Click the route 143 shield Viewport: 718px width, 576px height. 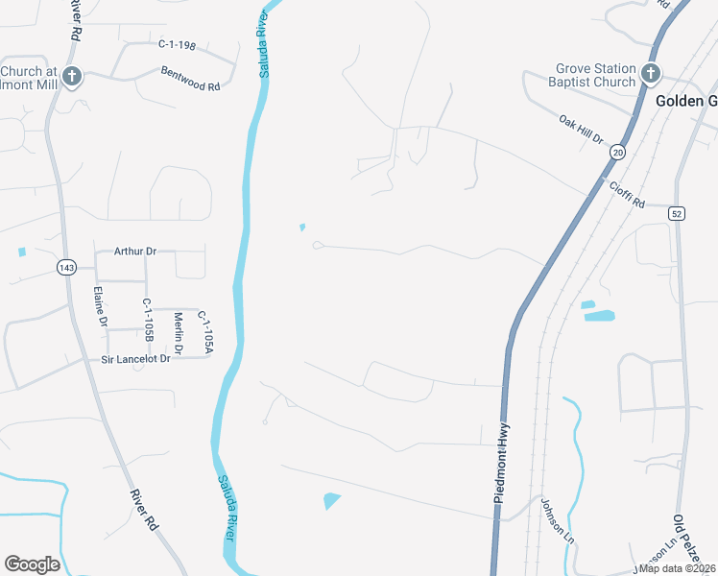point(65,266)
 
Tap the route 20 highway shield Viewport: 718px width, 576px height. point(617,153)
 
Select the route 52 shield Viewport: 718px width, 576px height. point(677,213)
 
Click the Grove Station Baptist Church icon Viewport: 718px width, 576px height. point(650,74)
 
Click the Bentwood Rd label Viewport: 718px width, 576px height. point(191,79)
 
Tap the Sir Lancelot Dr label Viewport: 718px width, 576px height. point(135,358)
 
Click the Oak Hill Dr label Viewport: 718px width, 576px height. point(581,131)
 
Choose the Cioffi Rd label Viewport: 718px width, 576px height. point(625,193)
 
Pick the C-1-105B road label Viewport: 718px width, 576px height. point(149,320)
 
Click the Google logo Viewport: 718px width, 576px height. point(32,564)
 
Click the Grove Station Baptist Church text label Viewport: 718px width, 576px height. point(595,75)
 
